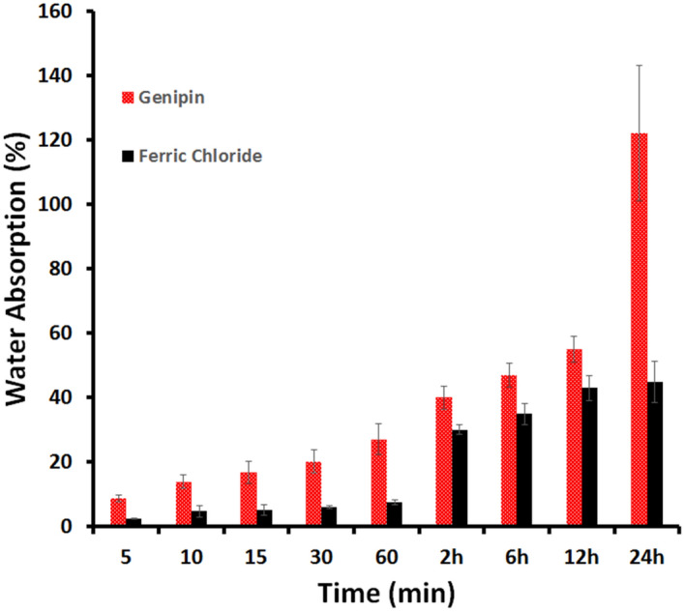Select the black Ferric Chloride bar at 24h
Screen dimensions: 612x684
coord(655,454)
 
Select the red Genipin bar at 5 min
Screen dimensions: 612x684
coord(118,512)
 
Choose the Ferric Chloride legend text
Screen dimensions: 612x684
coord(205,155)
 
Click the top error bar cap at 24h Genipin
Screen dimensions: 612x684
coord(639,65)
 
